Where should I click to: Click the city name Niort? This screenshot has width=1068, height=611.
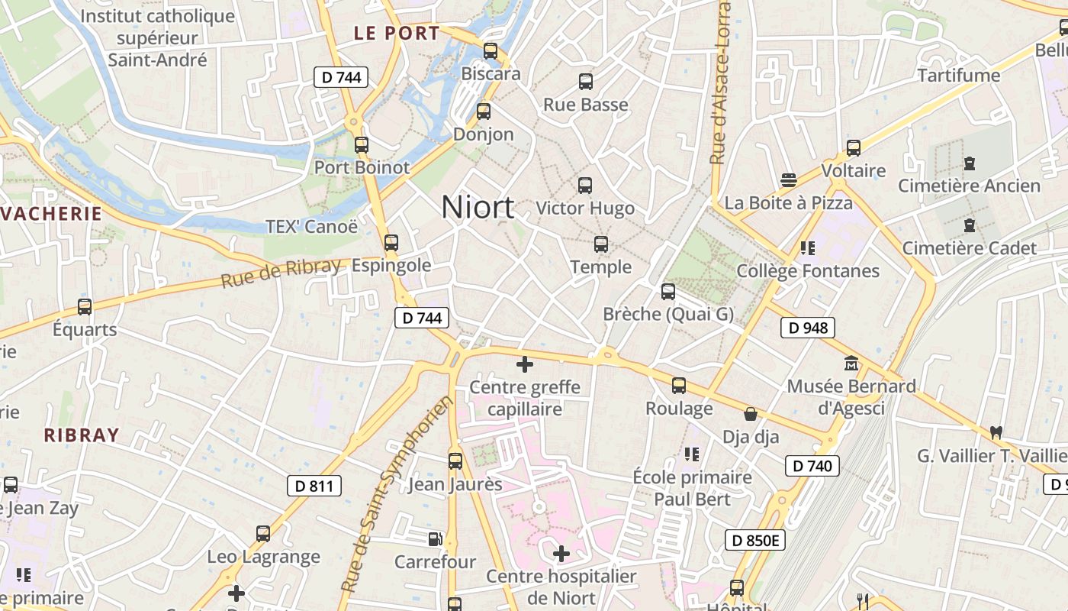click(x=478, y=207)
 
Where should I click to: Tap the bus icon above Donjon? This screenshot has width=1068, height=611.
click(x=483, y=112)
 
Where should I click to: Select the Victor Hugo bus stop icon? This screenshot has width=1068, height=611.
click(x=585, y=185)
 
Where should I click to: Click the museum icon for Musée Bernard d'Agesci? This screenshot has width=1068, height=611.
click(x=851, y=364)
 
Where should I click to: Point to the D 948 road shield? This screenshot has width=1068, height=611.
click(x=808, y=328)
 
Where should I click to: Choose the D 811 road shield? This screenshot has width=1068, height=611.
click(x=314, y=486)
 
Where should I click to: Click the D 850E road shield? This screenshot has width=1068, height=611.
click(x=754, y=541)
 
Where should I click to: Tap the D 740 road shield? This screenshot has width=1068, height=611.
click(x=812, y=466)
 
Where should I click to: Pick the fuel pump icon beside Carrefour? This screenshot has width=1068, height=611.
click(x=435, y=539)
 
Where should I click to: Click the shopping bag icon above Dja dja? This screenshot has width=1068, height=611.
click(x=751, y=414)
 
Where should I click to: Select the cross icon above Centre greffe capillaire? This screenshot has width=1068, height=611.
click(x=525, y=364)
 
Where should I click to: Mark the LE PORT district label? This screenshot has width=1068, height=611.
click(x=397, y=34)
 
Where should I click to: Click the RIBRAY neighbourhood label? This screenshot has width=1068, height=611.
click(x=82, y=436)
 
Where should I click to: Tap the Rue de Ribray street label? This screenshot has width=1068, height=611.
click(x=281, y=273)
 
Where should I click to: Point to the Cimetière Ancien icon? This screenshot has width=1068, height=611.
click(x=969, y=163)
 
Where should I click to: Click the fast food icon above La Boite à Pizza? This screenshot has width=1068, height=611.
click(x=789, y=180)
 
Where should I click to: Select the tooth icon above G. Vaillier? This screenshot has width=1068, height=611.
click(x=995, y=432)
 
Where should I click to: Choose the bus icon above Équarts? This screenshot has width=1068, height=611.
click(x=85, y=307)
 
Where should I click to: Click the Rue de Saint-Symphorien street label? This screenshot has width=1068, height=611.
click(x=396, y=495)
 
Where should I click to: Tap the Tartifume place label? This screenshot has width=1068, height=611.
click(x=958, y=76)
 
